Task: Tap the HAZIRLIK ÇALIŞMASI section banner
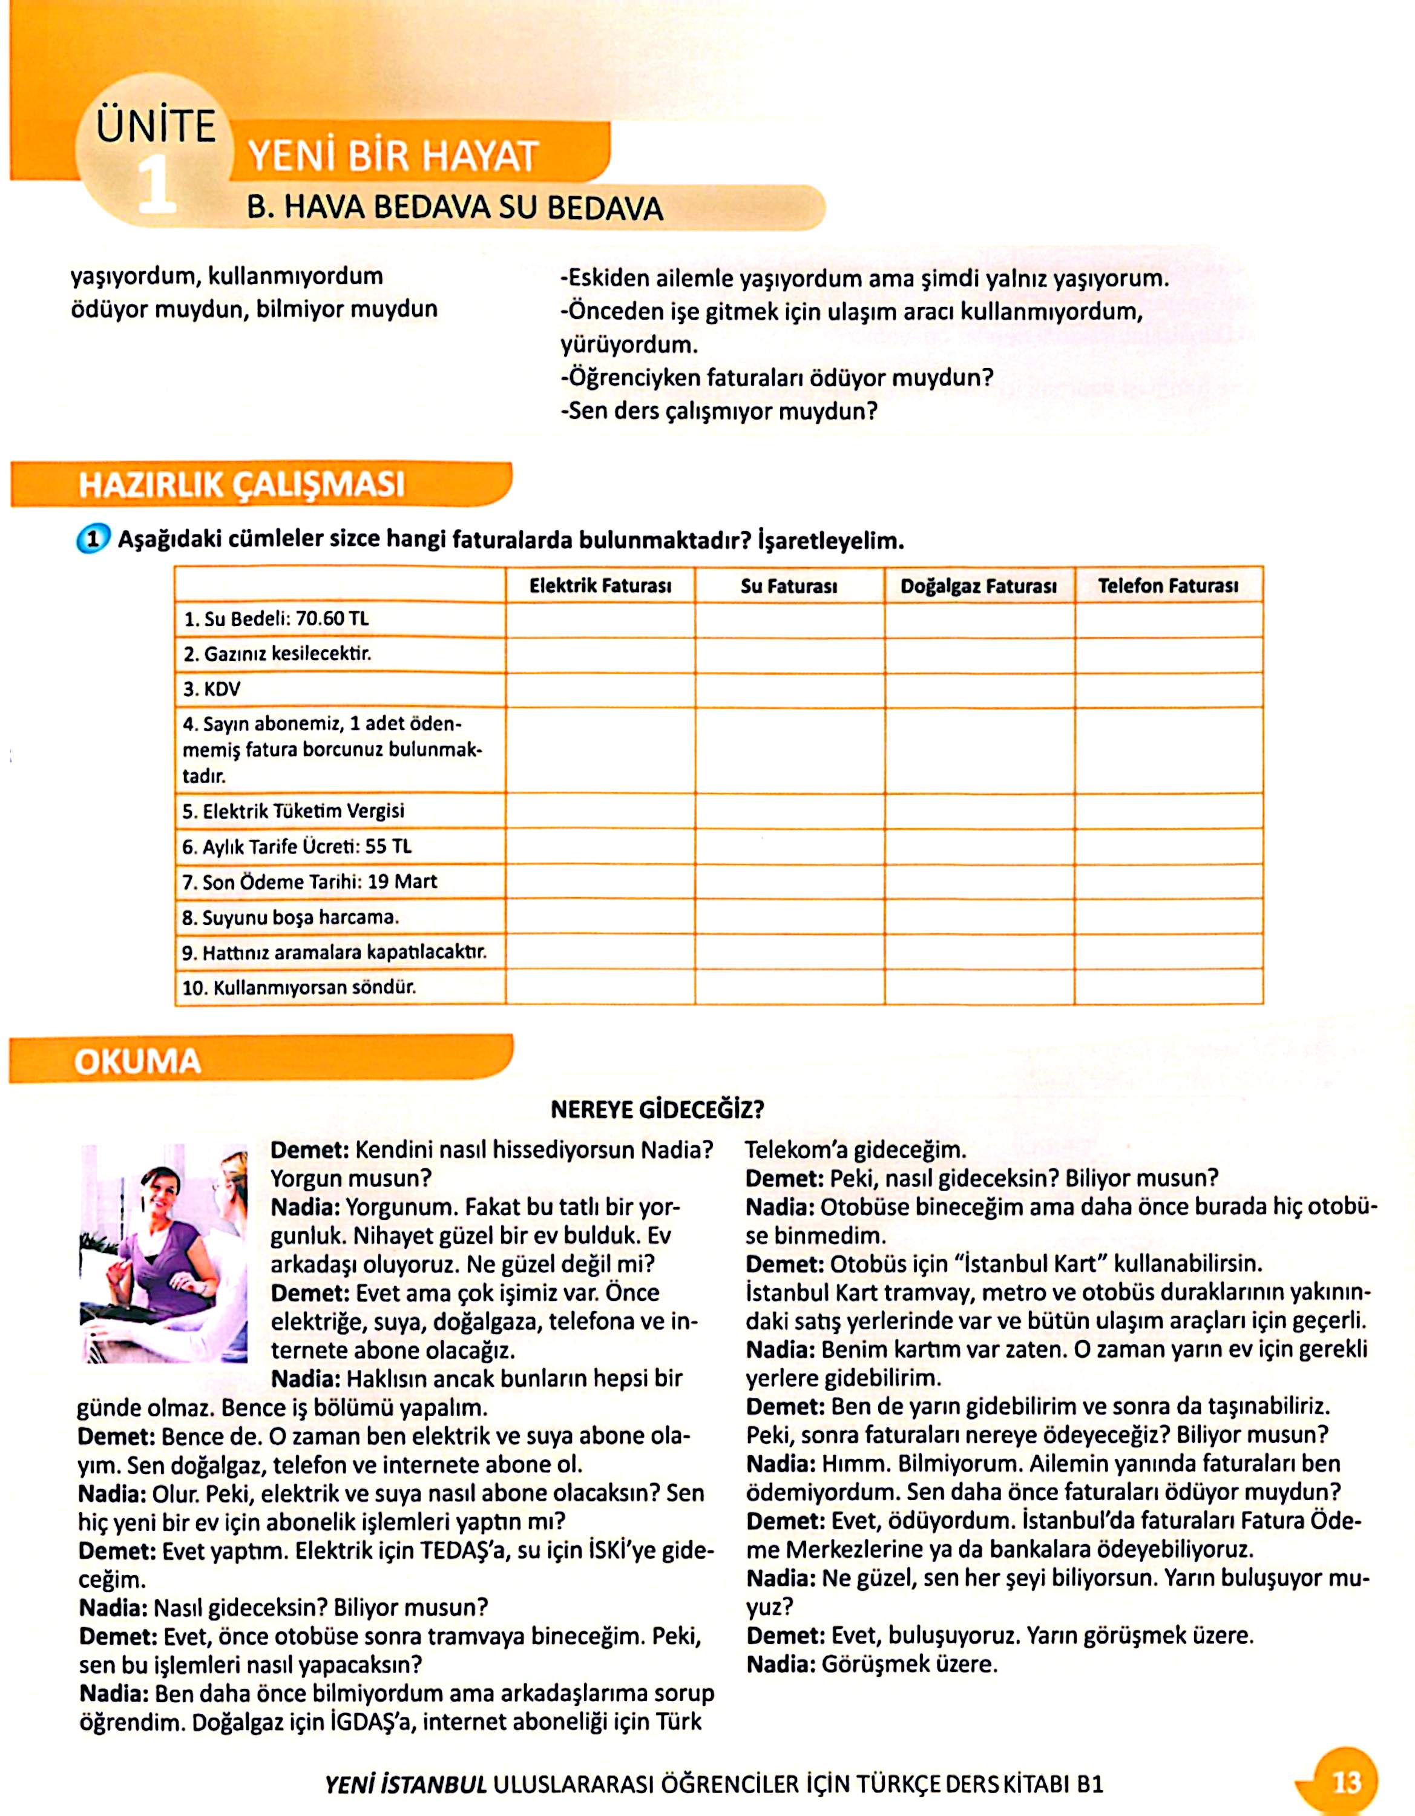coord(241,484)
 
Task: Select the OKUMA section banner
coord(138,1062)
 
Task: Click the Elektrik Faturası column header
coord(600,586)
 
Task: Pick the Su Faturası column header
coord(789,586)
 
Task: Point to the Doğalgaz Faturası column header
coord(979,586)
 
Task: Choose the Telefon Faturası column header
coord(1168,586)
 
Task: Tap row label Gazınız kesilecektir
coord(277,654)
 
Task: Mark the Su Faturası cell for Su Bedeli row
coord(789,619)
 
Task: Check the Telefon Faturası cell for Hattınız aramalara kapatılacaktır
coord(1168,951)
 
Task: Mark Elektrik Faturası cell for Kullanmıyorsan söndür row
coord(600,987)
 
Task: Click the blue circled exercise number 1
coord(92,539)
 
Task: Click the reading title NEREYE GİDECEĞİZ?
coord(657,1109)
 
